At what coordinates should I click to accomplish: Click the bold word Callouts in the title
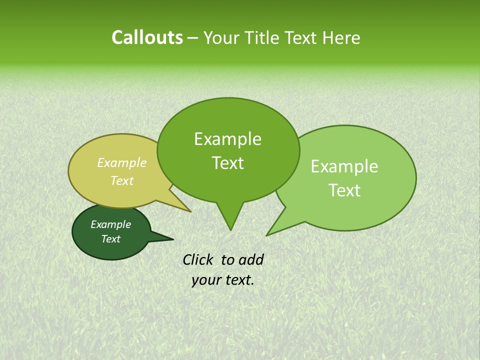click(x=147, y=38)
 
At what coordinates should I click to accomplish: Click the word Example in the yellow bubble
click(x=122, y=162)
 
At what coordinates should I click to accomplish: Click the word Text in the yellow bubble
click(x=122, y=180)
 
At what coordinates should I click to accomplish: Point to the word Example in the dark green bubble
click(x=110, y=224)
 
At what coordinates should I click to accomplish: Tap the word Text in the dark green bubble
click(x=110, y=239)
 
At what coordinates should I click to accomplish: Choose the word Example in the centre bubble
click(x=227, y=139)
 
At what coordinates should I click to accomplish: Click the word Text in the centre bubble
click(x=228, y=163)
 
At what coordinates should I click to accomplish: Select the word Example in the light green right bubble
click(x=344, y=166)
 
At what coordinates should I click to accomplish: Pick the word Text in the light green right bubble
click(x=345, y=190)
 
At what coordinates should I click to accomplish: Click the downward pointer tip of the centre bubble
click(x=230, y=230)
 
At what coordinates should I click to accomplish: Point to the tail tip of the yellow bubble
click(x=191, y=211)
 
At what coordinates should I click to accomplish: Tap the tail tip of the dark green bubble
click(x=173, y=238)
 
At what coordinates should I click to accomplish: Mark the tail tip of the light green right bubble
click(x=266, y=235)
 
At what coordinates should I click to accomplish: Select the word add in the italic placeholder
click(x=251, y=259)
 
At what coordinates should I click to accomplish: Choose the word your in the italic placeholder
click(x=205, y=280)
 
